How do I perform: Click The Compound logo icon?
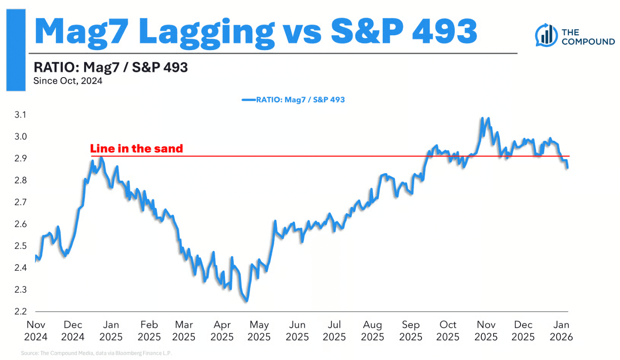(547, 36)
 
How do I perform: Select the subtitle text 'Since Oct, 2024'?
(68, 81)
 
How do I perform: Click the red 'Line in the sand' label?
(136, 149)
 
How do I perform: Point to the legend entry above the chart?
(293, 100)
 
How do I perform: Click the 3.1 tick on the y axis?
(20, 115)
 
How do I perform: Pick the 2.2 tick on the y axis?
(20, 312)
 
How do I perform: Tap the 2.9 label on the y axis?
(20, 159)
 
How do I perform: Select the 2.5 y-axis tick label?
(20, 246)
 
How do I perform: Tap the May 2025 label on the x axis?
(259, 331)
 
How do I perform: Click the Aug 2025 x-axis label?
(373, 331)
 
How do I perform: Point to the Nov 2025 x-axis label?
(485, 331)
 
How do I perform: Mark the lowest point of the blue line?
(246, 301)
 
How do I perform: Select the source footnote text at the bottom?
(96, 353)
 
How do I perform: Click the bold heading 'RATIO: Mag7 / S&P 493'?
(110, 68)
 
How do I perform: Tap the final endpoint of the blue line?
(567, 168)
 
